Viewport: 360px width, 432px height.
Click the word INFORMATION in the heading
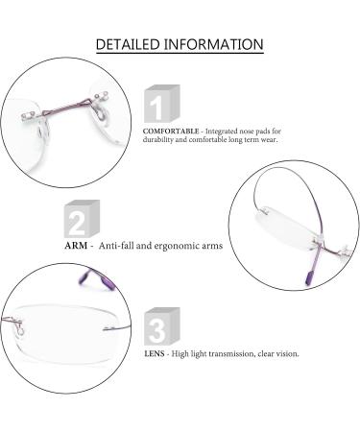coord(217,44)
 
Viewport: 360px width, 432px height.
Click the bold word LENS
coord(154,353)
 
